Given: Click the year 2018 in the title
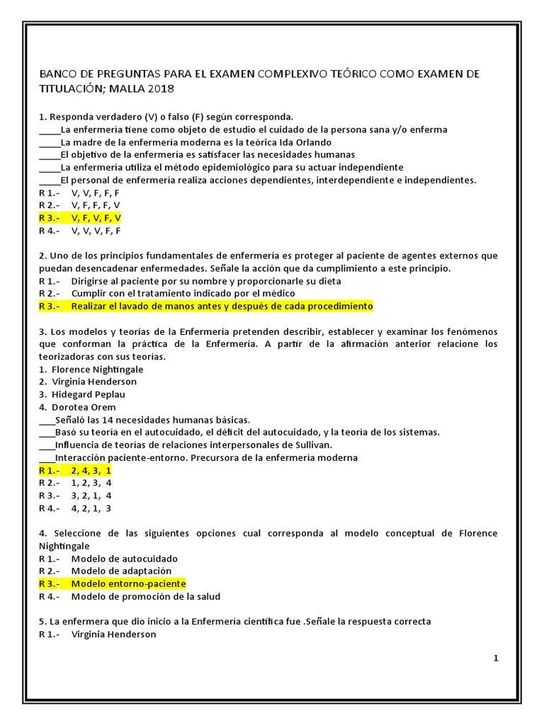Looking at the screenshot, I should pos(160,89).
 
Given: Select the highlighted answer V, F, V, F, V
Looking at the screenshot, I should pos(96,218).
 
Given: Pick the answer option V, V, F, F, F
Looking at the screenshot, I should pos(96,193).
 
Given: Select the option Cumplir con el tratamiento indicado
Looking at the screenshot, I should pos(183,293).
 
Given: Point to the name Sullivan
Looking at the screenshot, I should pos(309,445).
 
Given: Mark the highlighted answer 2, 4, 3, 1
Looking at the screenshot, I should pos(91,470).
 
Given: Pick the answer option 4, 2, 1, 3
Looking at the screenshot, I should pos(91,508).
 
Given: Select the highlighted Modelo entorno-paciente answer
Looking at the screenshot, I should pos(128,583).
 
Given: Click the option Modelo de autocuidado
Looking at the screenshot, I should pos(124,558).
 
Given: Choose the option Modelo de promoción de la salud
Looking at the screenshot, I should pos(145,596).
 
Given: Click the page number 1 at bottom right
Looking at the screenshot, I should pos(496,658).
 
